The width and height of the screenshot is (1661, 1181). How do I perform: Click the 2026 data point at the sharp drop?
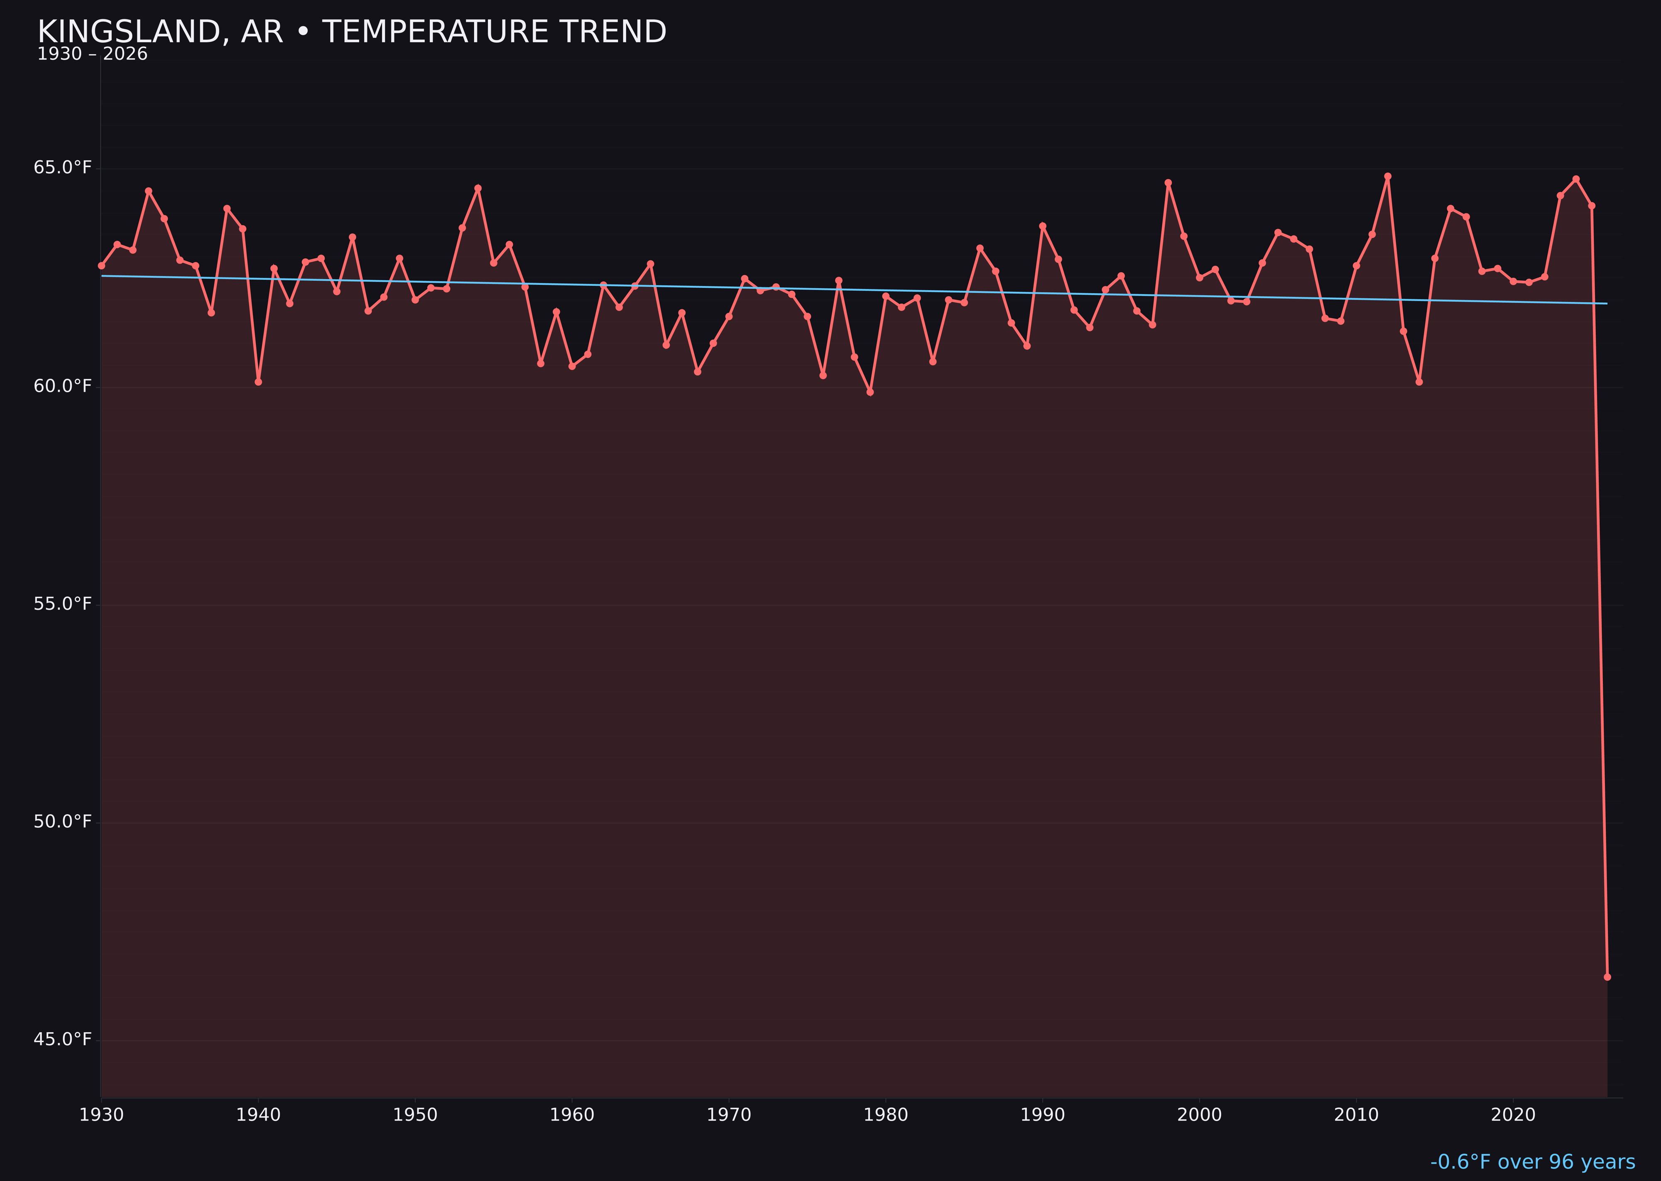1607,977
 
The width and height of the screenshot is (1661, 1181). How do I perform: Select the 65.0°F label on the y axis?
63,168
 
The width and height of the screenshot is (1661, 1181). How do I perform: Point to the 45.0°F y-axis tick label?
63,1039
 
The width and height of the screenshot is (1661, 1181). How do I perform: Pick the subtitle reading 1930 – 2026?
92,54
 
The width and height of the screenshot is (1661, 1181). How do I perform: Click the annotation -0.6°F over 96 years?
1532,1161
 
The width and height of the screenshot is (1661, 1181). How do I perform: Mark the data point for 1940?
258,382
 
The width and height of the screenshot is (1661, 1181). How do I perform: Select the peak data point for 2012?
1388,176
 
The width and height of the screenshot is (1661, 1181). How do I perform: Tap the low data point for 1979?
870,392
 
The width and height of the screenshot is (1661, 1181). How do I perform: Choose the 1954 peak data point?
478,188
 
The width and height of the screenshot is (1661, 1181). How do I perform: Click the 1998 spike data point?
1168,183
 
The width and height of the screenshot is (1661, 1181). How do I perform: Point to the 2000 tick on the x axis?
1199,1115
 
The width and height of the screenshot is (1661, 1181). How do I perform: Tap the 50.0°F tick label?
63,822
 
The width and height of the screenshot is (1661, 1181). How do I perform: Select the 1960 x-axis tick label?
572,1115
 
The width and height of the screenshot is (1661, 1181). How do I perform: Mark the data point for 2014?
1419,382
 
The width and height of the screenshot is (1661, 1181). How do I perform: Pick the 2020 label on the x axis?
1513,1115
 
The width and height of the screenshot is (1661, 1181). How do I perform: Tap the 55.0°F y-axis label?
63,604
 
